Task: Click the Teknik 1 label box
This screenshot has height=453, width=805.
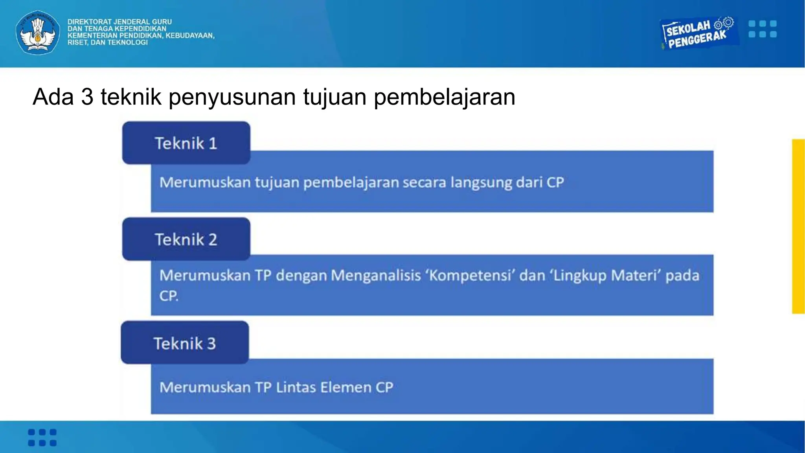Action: tap(186, 143)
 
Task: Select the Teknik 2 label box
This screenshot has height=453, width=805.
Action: tap(186, 239)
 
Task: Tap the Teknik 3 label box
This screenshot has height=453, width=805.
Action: tap(185, 343)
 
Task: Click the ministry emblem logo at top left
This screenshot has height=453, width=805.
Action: tap(38, 32)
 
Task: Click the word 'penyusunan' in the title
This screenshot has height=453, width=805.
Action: tap(232, 97)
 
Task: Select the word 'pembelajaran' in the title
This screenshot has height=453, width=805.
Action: tap(444, 97)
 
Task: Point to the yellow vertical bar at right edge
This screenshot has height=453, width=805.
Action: tap(798, 226)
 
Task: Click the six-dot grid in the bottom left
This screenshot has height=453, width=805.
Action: tap(42, 437)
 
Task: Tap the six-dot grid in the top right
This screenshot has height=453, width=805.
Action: tap(763, 29)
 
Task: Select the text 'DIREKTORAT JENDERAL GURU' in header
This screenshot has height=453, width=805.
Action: tap(119, 22)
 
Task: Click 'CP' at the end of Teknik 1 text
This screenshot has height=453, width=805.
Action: tap(555, 182)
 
